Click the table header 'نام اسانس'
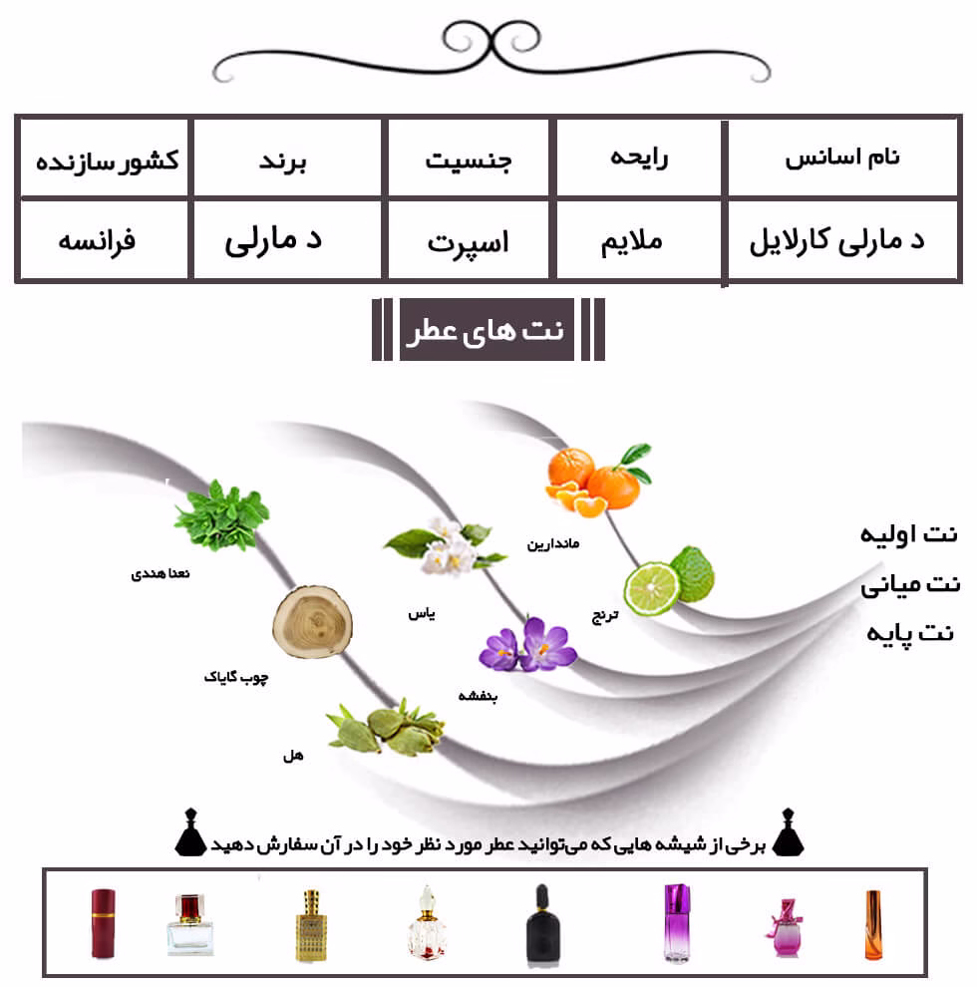point(842,158)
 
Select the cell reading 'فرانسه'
point(104,240)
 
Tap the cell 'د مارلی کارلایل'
point(842,240)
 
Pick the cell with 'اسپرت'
point(469,240)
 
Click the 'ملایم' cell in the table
point(638,240)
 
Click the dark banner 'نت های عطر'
point(487,329)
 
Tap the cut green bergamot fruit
point(669,580)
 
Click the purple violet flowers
point(527,645)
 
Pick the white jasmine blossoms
point(445,545)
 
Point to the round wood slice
point(312,622)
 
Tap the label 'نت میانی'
point(910,585)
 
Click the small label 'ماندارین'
point(553,543)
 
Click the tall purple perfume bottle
point(677,922)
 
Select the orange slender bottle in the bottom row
point(872,924)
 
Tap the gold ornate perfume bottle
point(311,924)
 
